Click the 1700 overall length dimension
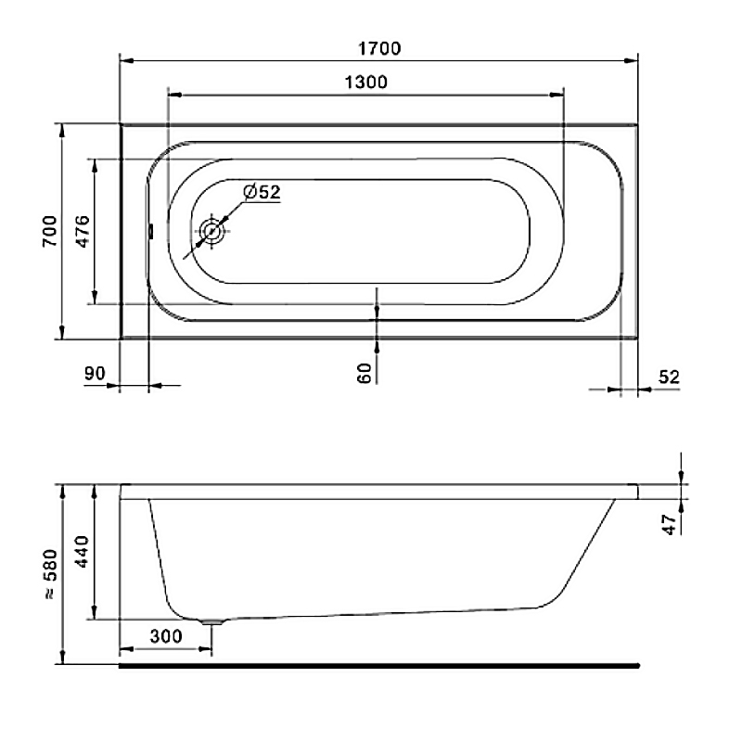click(379, 48)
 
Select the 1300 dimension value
click(365, 83)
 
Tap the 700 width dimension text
click(50, 231)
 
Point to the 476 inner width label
click(83, 231)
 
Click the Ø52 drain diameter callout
click(262, 192)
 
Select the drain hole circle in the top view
click(211, 231)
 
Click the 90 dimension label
click(95, 374)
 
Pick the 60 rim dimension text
click(365, 373)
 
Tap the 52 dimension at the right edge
click(669, 377)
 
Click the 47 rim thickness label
click(669, 525)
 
